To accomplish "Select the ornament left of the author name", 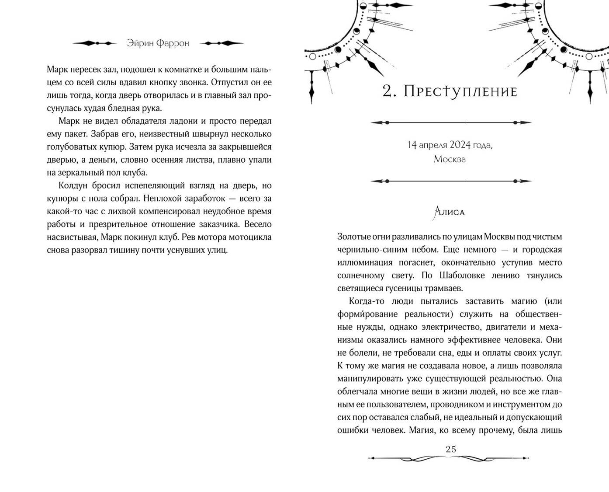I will (95, 43).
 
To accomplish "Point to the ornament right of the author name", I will (221, 43).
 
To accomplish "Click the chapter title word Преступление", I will (460, 91).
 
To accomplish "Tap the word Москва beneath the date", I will (450, 159).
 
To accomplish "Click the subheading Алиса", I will (449, 213).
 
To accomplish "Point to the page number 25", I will (450, 449).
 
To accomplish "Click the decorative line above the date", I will (450, 123).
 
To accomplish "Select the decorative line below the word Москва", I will (450, 181).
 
